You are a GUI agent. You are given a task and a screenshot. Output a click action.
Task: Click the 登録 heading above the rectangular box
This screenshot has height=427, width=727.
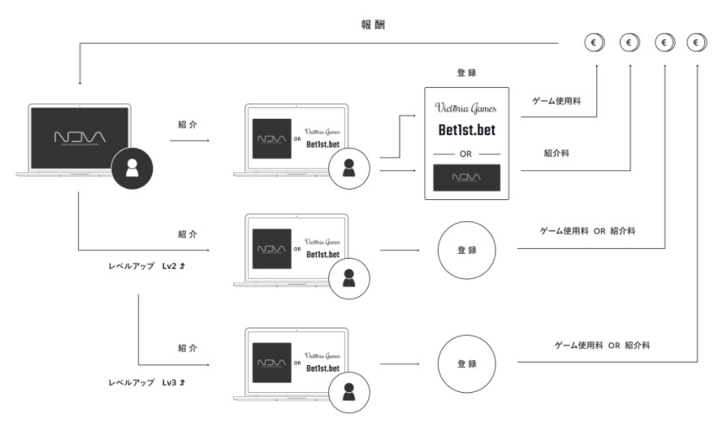(466, 72)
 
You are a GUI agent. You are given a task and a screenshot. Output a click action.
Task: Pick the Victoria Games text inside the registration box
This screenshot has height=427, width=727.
(466, 107)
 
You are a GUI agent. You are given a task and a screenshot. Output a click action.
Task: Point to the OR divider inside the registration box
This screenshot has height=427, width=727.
(466, 153)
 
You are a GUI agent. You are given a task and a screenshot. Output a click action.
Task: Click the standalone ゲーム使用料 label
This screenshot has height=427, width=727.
(556, 100)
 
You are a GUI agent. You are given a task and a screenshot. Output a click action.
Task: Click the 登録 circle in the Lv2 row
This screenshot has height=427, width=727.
(466, 251)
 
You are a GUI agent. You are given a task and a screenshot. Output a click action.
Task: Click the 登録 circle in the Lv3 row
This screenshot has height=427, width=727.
(466, 364)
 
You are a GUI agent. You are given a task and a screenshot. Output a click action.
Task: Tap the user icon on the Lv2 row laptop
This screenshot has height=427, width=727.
(349, 277)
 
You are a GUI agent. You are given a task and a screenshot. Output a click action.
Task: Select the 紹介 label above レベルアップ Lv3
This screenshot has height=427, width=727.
(187, 347)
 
